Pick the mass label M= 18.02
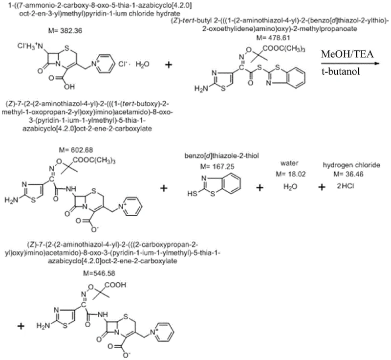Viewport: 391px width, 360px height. pos(290,174)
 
